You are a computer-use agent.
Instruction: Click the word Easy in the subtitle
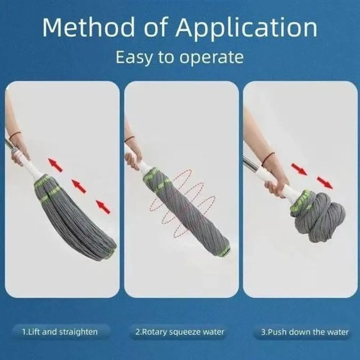point(134,58)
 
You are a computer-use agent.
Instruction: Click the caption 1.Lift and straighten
point(60,332)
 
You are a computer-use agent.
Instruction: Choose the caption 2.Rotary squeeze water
point(180,332)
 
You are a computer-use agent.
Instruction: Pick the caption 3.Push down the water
point(305,332)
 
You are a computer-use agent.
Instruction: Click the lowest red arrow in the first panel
point(103,207)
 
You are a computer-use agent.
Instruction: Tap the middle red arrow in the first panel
point(79,186)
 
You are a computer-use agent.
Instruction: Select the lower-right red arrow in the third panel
point(324,183)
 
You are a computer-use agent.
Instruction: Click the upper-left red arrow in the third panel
point(299,169)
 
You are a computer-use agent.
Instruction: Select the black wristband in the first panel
point(15,135)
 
